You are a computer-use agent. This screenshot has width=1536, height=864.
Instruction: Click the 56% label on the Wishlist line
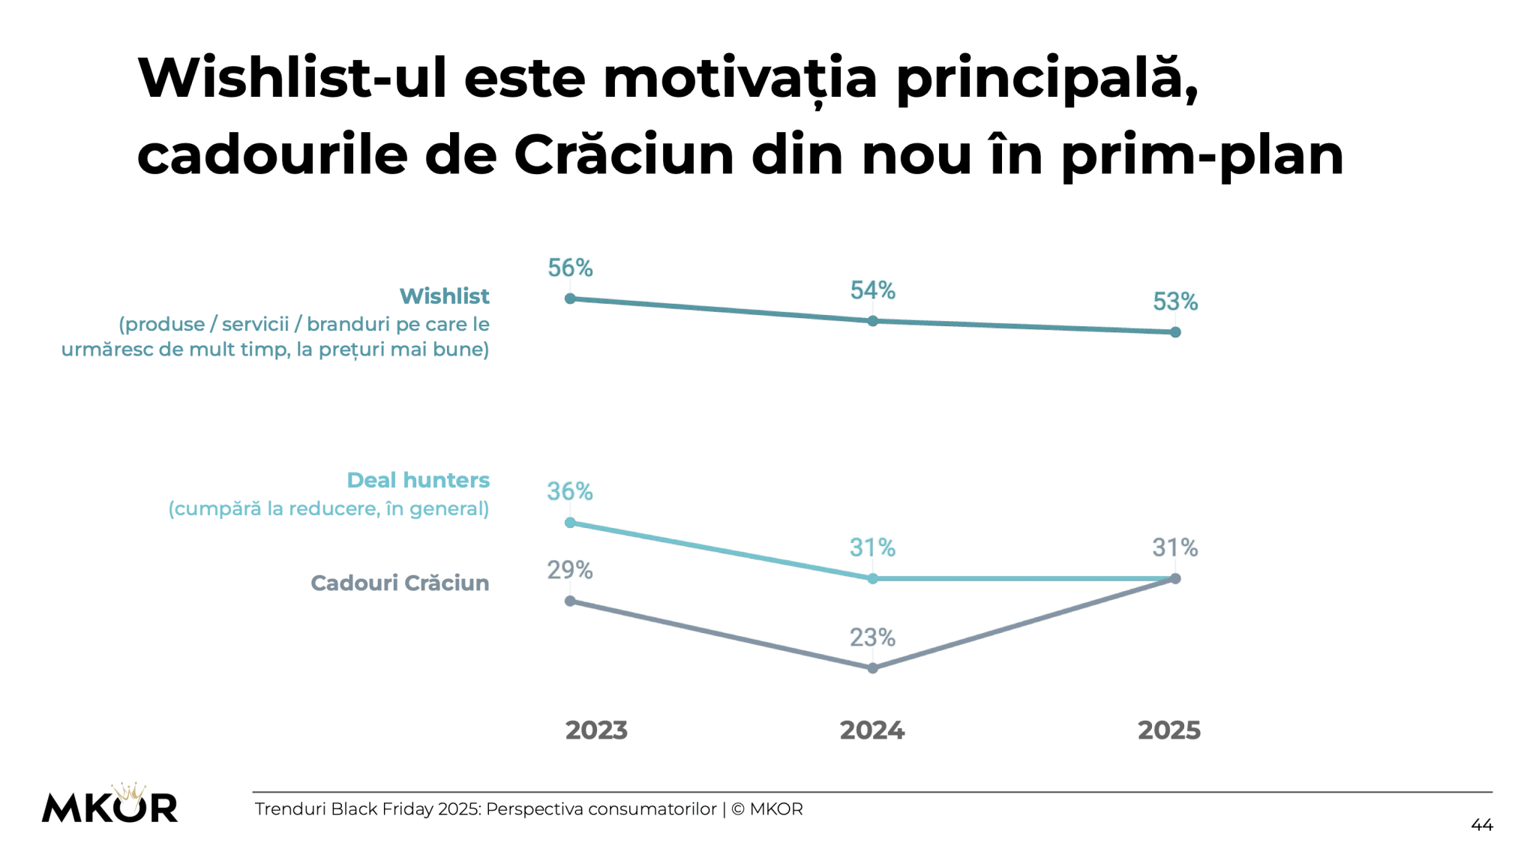point(570,268)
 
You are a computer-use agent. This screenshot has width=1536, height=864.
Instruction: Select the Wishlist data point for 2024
point(872,321)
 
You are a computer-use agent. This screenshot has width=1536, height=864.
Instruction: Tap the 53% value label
point(1174,301)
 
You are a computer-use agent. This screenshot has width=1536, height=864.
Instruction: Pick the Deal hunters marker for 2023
point(570,523)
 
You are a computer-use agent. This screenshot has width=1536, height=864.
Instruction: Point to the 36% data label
point(570,491)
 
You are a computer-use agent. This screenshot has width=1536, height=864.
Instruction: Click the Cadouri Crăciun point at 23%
point(872,668)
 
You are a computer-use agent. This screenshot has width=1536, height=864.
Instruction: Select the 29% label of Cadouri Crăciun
point(570,570)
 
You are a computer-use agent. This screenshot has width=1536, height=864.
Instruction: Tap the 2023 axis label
point(596,730)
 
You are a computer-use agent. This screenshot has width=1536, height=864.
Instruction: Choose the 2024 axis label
point(872,730)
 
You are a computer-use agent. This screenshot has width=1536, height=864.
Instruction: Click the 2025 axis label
point(1168,730)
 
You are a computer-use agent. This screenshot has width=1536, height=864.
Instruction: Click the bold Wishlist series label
point(444,296)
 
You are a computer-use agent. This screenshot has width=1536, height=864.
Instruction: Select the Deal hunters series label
point(418,480)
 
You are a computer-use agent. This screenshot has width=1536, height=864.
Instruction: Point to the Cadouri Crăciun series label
point(400,583)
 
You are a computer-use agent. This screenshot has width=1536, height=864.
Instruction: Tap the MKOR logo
point(109,805)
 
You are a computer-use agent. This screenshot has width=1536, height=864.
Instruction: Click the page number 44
point(1481,825)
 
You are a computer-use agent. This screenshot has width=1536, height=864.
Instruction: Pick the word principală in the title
point(1046,78)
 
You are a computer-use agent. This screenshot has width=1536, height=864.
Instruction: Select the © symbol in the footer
point(737,809)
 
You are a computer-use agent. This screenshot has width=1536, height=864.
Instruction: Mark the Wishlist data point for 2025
point(1175,332)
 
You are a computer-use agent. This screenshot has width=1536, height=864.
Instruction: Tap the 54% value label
point(872,290)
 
